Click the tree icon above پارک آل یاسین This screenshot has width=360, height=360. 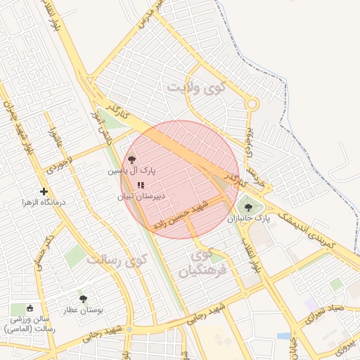pyautogui.click(x=131, y=159)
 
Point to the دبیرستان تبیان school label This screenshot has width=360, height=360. pyautogui.click(x=141, y=197)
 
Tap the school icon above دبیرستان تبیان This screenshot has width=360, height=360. pyautogui.click(x=131, y=185)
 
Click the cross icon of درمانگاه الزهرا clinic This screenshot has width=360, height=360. pyautogui.click(x=44, y=191)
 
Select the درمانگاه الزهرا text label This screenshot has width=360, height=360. pyautogui.click(x=44, y=202)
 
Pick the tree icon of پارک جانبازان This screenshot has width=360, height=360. pyautogui.click(x=247, y=207)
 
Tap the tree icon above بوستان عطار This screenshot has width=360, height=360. pyautogui.click(x=84, y=299)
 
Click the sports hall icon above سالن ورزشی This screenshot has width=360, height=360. pyautogui.click(x=30, y=308)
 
